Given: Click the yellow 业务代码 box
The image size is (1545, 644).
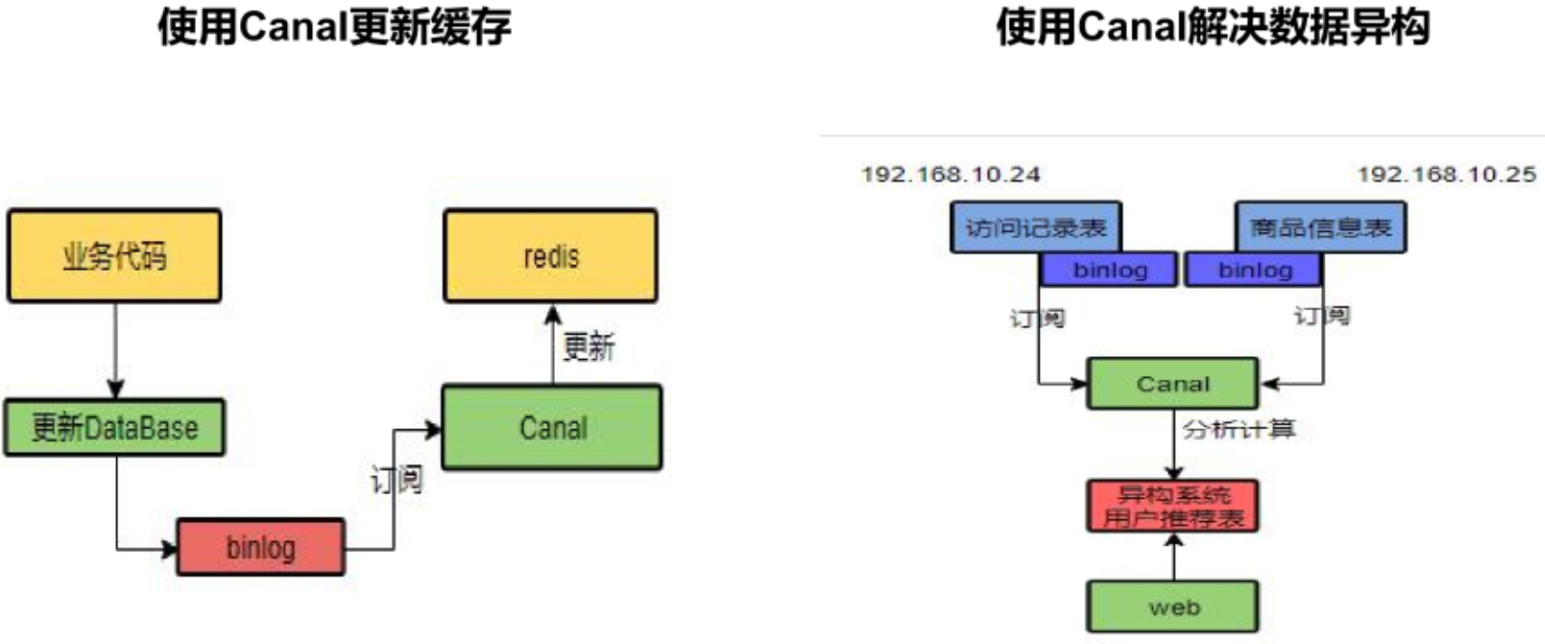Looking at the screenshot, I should coord(114,255).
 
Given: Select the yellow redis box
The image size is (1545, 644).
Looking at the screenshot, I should coord(550,255).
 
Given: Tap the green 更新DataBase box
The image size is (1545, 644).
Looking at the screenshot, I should coord(114,427).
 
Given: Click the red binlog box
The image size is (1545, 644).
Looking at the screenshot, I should coord(261,547).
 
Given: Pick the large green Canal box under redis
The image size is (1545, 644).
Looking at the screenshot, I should coord(552,427).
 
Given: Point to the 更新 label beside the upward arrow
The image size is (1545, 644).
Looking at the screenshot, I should coord(588,347).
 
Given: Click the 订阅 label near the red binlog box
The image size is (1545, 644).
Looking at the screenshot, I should coord(396,479).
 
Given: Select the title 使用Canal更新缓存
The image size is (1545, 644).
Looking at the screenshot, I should coord(334,26).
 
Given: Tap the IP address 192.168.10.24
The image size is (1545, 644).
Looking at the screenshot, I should coord(951,174).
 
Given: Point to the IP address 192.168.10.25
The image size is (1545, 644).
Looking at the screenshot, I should coord(1447,174).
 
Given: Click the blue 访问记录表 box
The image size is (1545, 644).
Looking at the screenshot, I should coord(1035,227).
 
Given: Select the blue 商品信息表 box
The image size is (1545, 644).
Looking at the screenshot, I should coord(1320,227).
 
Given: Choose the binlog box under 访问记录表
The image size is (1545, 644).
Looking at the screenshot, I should coord(1109,270).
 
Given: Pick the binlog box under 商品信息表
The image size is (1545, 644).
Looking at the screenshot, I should coord(1254,270).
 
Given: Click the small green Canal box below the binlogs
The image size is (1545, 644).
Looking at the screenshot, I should coord(1172,383).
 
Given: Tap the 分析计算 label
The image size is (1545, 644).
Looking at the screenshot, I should coord(1238,429).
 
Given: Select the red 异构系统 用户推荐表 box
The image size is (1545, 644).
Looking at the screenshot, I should coord(1173,506).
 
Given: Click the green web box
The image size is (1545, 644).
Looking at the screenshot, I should coord(1173,607).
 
